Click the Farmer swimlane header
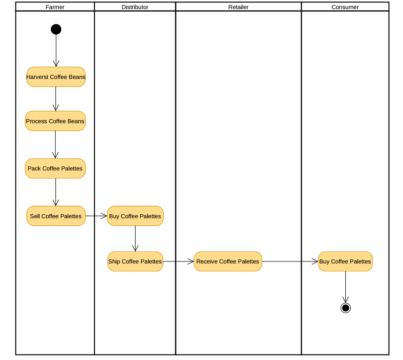click(x=55, y=7)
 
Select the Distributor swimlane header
click(x=135, y=7)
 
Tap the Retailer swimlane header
click(x=238, y=7)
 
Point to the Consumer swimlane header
click(x=345, y=7)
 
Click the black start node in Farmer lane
click(x=56, y=29)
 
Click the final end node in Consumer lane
click(x=345, y=308)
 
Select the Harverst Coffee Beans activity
click(x=56, y=77)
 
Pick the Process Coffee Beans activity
click(x=55, y=121)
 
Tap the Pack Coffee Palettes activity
click(x=55, y=168)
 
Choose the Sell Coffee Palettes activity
click(x=56, y=216)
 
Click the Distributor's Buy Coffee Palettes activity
click(x=135, y=216)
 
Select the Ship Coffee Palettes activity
click(x=135, y=261)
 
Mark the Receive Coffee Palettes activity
click(x=228, y=261)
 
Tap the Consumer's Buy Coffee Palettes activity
click(x=345, y=261)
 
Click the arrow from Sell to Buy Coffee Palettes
click(x=96, y=216)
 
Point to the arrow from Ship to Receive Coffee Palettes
click(x=178, y=261)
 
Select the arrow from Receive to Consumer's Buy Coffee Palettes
click(x=290, y=261)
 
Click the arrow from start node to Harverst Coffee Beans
click(x=56, y=50)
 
